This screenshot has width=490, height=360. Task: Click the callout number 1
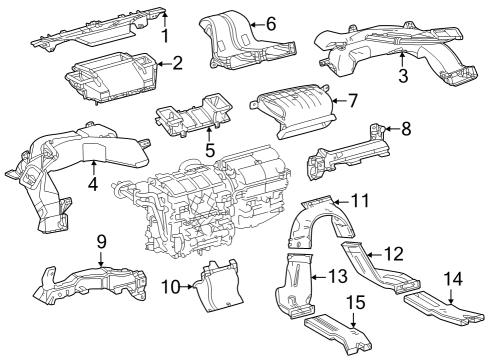click(x=166, y=36)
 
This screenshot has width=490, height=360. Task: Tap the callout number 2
click(x=177, y=63)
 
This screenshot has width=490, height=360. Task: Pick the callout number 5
click(x=209, y=150)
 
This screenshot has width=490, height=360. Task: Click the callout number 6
click(x=270, y=23)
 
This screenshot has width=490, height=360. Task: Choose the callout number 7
click(x=351, y=100)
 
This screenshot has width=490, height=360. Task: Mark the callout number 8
click(x=405, y=128)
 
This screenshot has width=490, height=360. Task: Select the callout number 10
click(x=170, y=287)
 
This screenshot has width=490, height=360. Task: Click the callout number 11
click(x=359, y=201)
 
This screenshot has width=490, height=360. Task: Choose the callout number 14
click(x=453, y=278)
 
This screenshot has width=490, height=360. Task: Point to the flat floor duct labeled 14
click(x=440, y=309)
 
